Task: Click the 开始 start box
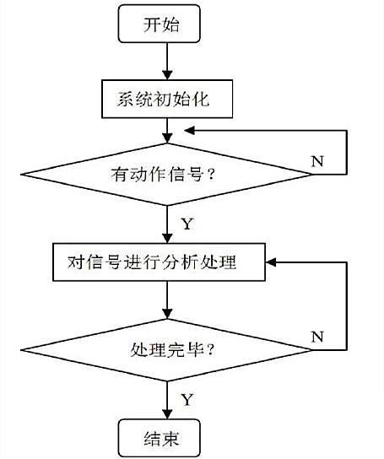click(x=159, y=24)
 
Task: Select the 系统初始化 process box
click(x=167, y=99)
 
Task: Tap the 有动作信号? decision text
click(x=163, y=175)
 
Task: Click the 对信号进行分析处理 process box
click(x=159, y=262)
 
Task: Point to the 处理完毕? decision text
click(x=172, y=349)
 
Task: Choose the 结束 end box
click(x=160, y=438)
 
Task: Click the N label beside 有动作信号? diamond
click(x=317, y=161)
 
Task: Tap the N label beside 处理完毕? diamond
click(x=317, y=337)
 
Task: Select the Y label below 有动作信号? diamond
click(x=187, y=224)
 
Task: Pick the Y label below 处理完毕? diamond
click(x=187, y=399)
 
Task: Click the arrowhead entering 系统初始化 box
click(x=167, y=75)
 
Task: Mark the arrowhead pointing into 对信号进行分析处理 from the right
click(x=270, y=262)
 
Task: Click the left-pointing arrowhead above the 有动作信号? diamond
click(x=189, y=131)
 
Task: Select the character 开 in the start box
click(x=152, y=24)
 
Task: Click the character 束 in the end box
click(x=170, y=438)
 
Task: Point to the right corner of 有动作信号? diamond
click(x=311, y=175)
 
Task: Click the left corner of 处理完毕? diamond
click(x=21, y=350)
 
